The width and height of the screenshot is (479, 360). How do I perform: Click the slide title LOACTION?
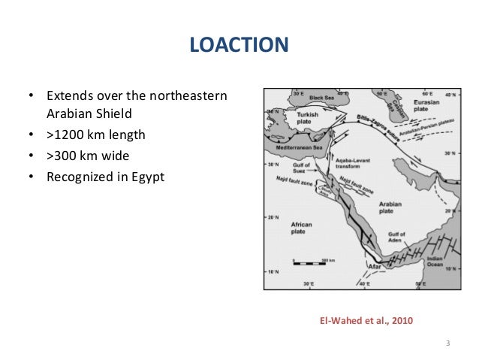click(x=239, y=45)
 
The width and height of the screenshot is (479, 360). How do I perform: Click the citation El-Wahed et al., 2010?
click(x=366, y=322)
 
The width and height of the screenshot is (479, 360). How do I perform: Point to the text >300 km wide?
click(x=88, y=156)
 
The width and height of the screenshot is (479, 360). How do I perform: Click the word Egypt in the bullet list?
click(x=147, y=177)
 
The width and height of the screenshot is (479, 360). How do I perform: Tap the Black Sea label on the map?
click(x=324, y=98)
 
